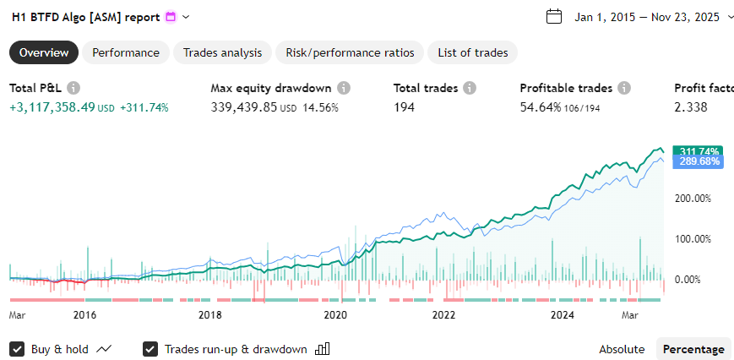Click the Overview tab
[x=44, y=52]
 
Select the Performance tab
[x=126, y=52]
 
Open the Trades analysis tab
[x=223, y=52]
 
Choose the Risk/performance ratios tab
[x=350, y=52]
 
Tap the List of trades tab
[x=472, y=52]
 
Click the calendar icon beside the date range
[x=554, y=17]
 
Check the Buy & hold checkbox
[x=17, y=349]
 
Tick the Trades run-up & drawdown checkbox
[x=151, y=349]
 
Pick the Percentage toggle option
[x=693, y=349]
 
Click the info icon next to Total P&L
[x=73, y=88]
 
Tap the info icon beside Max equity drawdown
[x=344, y=88]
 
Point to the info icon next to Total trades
[x=470, y=88]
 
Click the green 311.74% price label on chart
[x=697, y=150]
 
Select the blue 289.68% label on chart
[x=697, y=161]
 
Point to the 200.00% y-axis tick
[x=697, y=199]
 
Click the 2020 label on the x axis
[x=335, y=315]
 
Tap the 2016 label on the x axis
[x=84, y=315]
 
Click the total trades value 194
[x=405, y=107]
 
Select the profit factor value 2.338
[x=690, y=107]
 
